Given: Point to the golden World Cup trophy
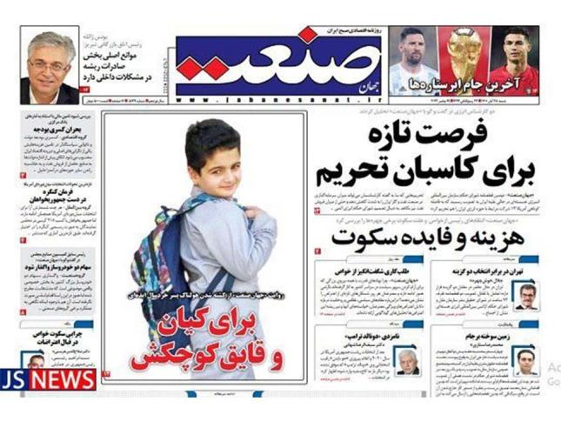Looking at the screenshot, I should click(464, 57).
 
